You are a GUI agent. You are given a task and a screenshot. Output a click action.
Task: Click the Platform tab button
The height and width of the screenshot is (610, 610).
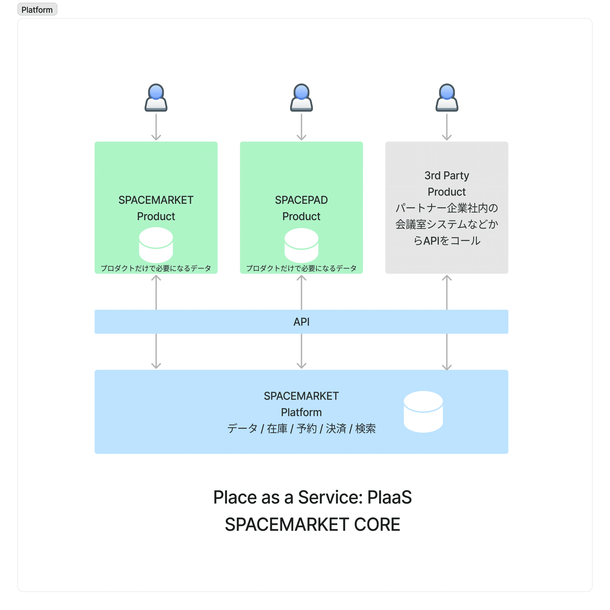[37, 9]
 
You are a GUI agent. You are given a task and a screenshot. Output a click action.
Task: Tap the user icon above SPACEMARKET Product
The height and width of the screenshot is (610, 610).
[156, 98]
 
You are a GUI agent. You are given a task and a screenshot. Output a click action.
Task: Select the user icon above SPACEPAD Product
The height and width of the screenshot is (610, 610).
[301, 98]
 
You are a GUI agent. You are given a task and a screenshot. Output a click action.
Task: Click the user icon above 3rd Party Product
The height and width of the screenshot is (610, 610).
[447, 98]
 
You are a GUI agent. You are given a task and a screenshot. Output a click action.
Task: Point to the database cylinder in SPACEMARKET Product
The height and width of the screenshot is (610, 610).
[156, 245]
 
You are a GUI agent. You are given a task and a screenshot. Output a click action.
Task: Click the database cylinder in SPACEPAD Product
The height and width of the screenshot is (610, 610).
[301, 245]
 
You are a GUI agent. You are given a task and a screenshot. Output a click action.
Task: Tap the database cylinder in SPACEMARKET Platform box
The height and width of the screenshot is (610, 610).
[423, 412]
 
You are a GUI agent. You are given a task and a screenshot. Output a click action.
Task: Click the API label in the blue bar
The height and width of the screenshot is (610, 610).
[301, 322]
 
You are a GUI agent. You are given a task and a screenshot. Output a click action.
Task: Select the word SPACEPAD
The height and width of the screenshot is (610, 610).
[301, 200]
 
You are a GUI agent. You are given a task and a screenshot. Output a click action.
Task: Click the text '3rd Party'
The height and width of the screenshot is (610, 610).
[447, 176]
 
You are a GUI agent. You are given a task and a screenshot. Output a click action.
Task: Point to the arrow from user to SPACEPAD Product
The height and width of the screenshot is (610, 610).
[301, 127]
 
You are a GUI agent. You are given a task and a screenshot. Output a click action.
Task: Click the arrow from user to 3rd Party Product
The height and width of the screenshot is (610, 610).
[447, 127]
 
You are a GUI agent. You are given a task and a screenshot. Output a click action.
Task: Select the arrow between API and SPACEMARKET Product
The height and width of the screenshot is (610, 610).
[156, 292]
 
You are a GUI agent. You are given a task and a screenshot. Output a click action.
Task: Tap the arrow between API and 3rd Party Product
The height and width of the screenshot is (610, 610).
[447, 292]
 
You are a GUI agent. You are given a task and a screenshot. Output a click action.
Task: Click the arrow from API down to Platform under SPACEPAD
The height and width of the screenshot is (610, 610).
[301, 351]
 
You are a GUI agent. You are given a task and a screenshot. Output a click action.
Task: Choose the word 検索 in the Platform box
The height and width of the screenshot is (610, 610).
[365, 429]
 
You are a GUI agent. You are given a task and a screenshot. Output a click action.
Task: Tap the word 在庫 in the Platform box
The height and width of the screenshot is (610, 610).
[277, 429]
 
